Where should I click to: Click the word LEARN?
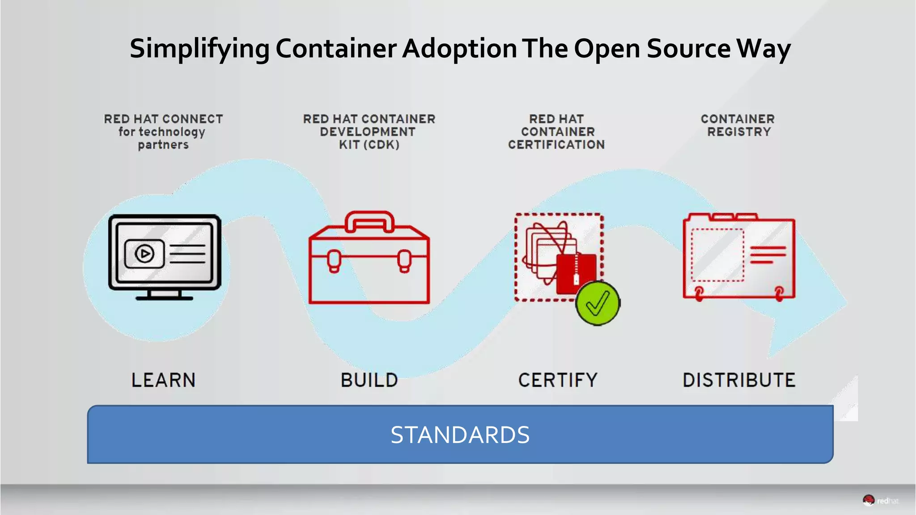click(x=163, y=380)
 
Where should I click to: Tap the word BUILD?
click(x=369, y=380)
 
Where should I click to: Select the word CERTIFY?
click(x=558, y=380)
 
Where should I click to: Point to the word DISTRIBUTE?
click(x=739, y=380)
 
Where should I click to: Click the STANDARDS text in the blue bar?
click(x=460, y=435)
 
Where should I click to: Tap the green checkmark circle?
click(x=598, y=303)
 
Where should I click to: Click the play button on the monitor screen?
click(x=144, y=254)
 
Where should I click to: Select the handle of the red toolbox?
click(x=369, y=219)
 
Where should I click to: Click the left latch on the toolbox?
click(x=334, y=261)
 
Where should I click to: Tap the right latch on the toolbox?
click(x=404, y=261)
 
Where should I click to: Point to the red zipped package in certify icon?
click(x=576, y=273)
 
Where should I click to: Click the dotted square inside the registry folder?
click(x=717, y=255)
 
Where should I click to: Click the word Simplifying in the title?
click(x=199, y=48)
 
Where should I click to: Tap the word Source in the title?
click(x=688, y=48)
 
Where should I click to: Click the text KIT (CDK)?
click(x=369, y=145)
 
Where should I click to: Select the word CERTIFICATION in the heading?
click(x=556, y=145)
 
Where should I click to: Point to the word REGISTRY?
click(x=739, y=132)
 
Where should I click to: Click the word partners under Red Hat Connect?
click(x=163, y=145)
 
